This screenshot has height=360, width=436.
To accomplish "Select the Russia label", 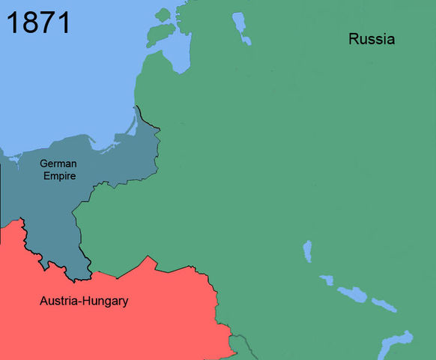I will click(x=372, y=39).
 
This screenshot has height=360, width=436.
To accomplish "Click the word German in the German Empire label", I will click(x=58, y=163).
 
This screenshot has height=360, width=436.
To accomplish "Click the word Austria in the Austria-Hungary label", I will click(x=60, y=301).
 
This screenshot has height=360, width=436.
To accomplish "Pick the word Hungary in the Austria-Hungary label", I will click(x=106, y=301).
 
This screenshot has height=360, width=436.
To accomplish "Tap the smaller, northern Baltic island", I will click(x=163, y=13).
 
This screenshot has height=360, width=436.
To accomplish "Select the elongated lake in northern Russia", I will click(x=241, y=28).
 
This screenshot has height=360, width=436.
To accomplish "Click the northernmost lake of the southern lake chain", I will click(x=306, y=250).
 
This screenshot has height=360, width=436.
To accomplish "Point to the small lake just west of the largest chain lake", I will click(x=326, y=280).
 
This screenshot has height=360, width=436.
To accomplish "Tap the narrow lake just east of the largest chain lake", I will click(x=384, y=304).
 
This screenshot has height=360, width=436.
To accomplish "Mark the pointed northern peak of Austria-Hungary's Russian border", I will click(x=152, y=258).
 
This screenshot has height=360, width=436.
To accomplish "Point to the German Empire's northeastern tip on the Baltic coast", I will click(x=139, y=108).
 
